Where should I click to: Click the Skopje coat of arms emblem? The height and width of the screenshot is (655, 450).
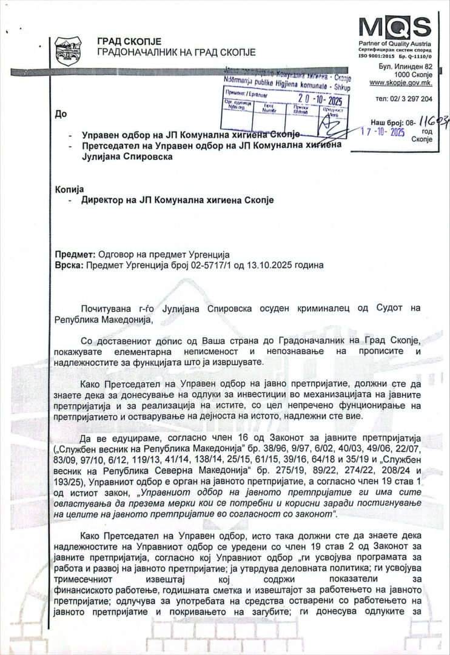68,52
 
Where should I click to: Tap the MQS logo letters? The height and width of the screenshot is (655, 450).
394,27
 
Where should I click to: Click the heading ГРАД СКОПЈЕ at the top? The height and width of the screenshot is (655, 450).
129,41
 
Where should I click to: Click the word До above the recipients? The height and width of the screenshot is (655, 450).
60,114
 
